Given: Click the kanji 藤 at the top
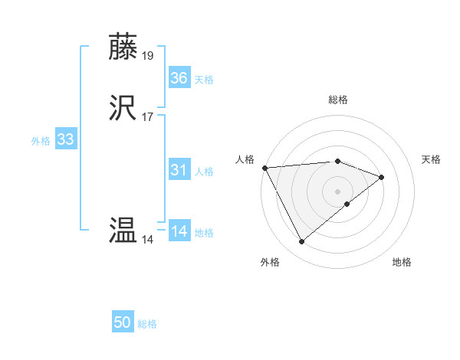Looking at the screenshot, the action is point(123,47).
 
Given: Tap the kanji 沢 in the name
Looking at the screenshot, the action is point(123,108).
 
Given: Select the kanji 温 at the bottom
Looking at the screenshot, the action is point(123,231).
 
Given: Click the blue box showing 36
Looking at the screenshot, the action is point(179,78).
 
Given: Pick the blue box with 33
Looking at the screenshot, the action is point(66,139).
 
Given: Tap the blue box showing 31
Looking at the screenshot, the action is point(179,170).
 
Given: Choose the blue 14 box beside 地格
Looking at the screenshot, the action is point(179,231).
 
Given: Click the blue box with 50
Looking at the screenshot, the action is point(123,322).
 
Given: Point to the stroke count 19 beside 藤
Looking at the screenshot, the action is point(148,55).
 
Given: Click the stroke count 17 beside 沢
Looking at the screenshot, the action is point(148,116).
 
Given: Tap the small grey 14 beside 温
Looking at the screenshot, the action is point(148,239).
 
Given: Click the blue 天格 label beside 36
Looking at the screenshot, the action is point(204,79).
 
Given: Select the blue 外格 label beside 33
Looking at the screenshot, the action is point(41,140).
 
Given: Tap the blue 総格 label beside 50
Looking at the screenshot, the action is point(147,324).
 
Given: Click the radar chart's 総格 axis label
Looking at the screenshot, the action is point(337,100).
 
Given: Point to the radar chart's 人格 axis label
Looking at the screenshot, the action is point(245,159).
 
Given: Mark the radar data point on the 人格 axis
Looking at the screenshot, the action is point(264,167).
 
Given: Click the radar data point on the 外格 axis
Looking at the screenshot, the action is point(301,242).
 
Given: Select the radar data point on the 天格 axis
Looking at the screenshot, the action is point(382,177).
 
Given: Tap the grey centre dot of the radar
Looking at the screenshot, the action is point(337,191).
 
